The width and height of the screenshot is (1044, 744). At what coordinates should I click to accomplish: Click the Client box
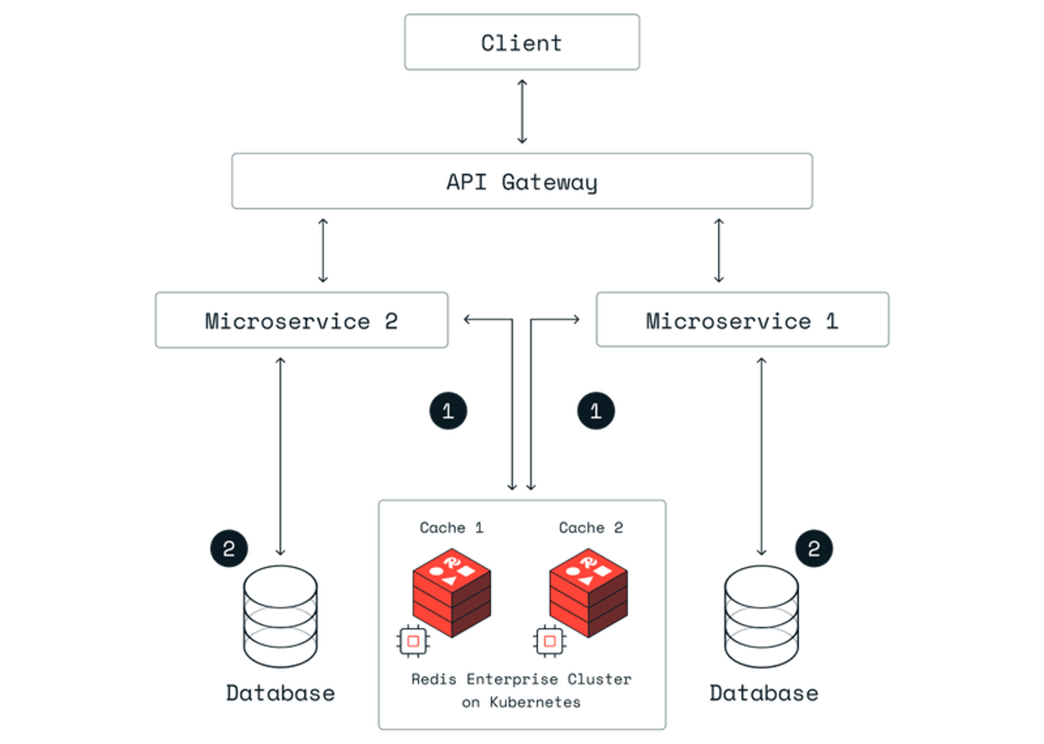pos(522,43)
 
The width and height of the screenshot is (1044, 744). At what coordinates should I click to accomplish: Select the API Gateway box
pos(522,181)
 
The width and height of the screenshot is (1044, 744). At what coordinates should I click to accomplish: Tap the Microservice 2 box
pos(301,320)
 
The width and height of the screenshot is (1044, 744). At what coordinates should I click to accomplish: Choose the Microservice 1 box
pos(743,320)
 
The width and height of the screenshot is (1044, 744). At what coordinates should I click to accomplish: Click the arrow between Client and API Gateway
pos(522,111)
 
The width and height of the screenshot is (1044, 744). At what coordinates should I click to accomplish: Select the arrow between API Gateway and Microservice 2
pos(323,251)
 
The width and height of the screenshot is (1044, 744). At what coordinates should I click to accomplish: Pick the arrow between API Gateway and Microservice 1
pos(719,251)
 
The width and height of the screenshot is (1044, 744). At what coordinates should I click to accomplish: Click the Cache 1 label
pos(451,528)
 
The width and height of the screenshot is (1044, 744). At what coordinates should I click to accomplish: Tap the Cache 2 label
pos(591,528)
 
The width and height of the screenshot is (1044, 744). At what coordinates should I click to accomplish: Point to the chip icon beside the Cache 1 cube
pos(413,641)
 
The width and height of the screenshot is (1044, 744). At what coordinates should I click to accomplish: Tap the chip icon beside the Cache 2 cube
pos(550,641)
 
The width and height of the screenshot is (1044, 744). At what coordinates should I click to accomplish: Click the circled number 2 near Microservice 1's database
pos(814,548)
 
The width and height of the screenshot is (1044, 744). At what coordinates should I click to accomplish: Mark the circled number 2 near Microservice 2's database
pos(229,548)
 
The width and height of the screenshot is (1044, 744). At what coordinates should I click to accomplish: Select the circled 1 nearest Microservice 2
pos(448,411)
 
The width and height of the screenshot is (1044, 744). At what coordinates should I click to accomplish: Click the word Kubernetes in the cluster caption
pos(535,702)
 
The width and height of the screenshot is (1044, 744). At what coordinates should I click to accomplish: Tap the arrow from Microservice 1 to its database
pos(761,457)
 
